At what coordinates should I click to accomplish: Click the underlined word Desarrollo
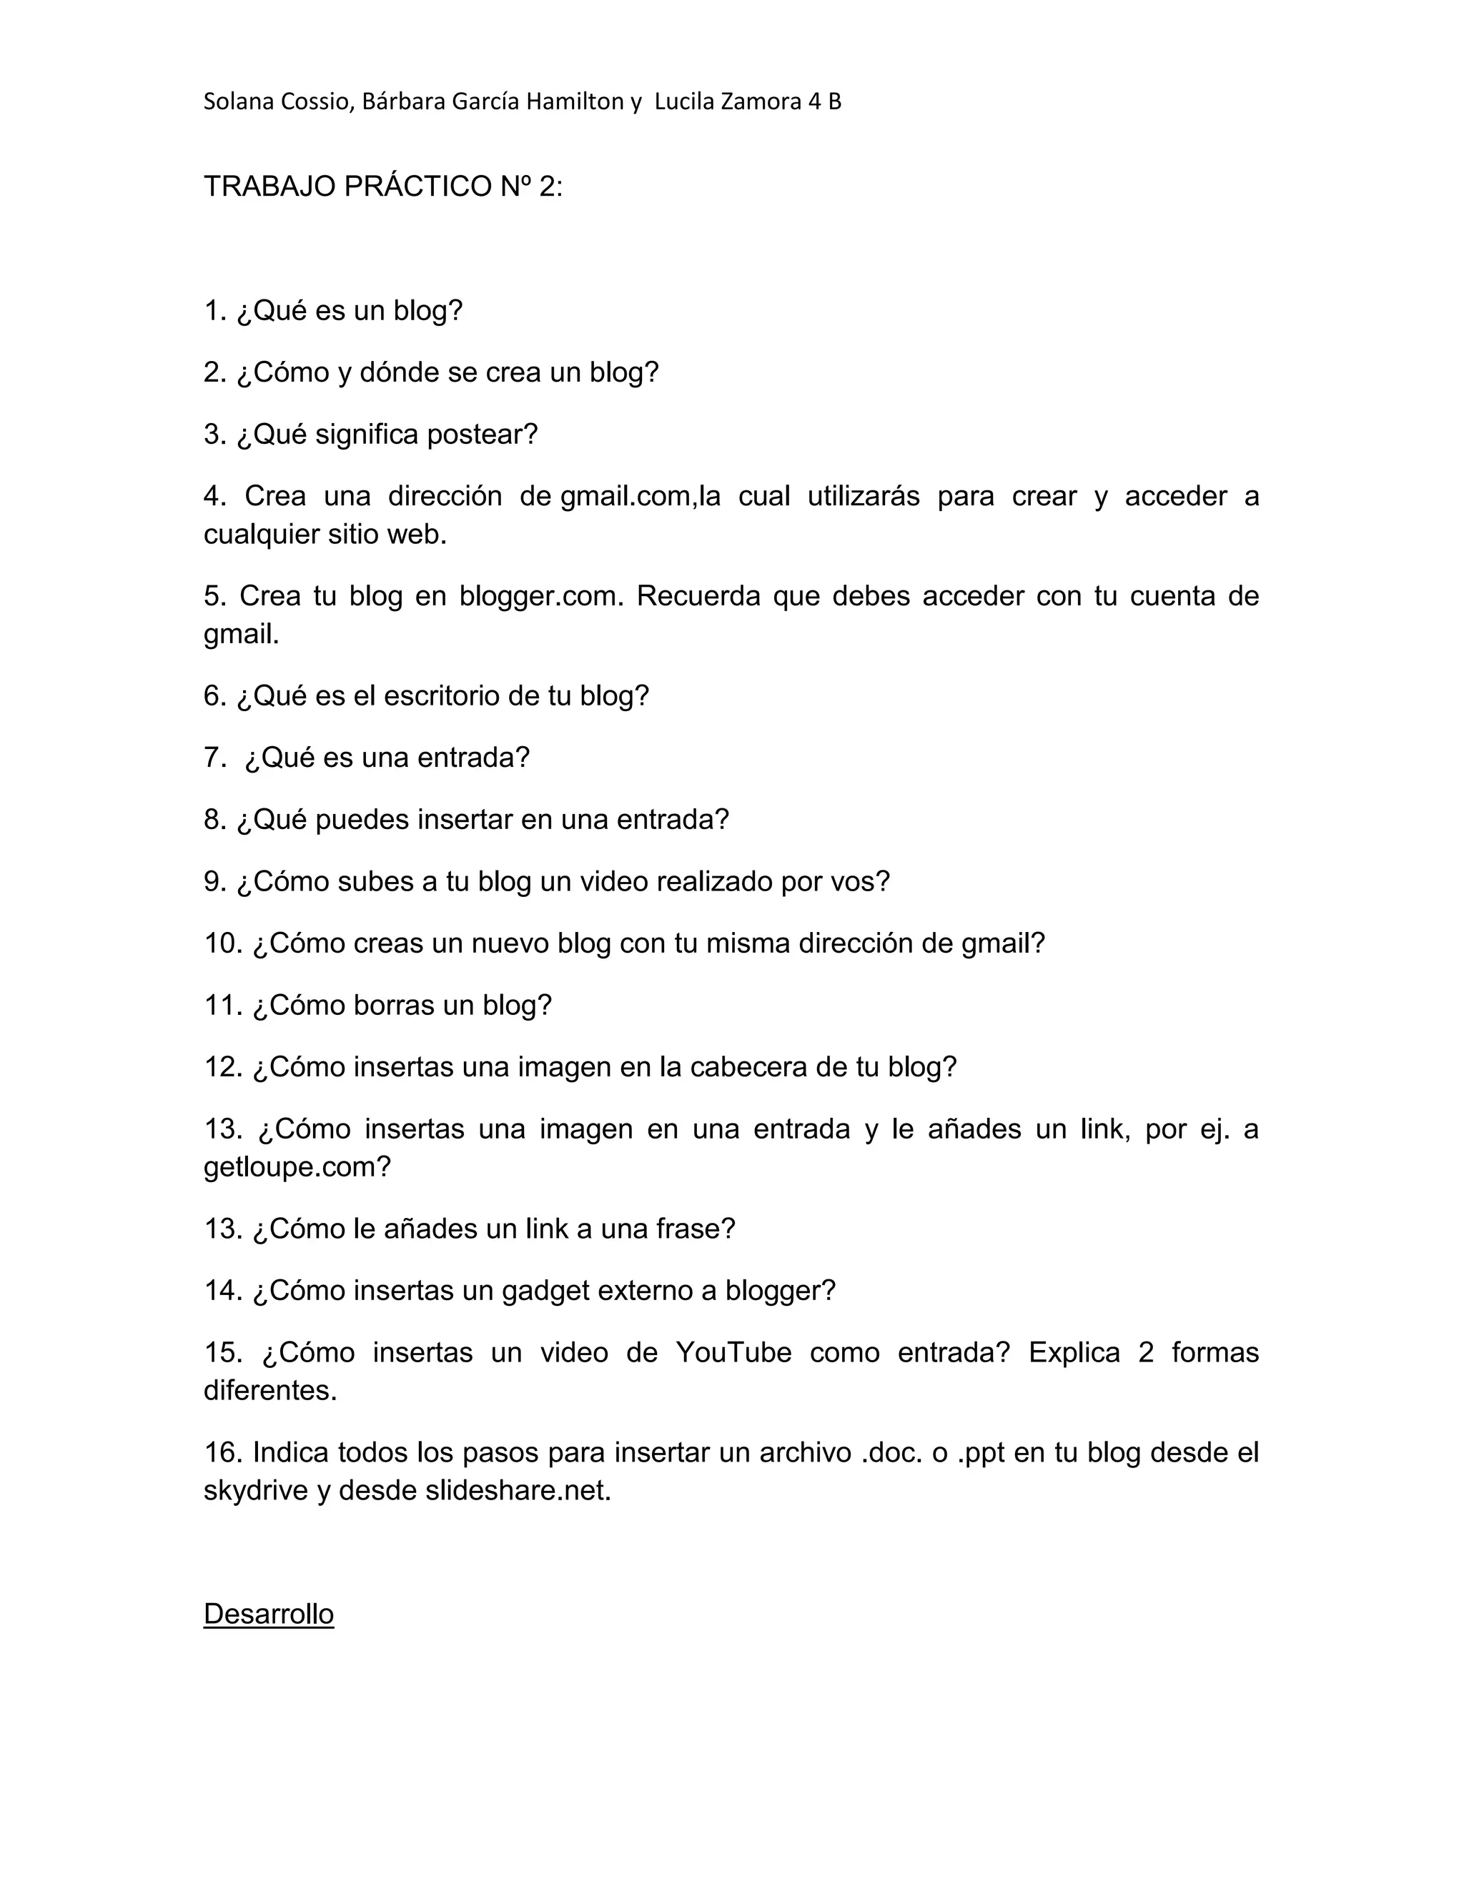click(x=268, y=1614)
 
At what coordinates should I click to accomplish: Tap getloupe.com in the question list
click(x=297, y=1167)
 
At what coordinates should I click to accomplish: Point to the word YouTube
click(x=733, y=1353)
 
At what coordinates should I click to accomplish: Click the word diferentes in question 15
click(x=269, y=1391)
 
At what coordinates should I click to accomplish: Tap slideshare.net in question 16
click(x=518, y=1491)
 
